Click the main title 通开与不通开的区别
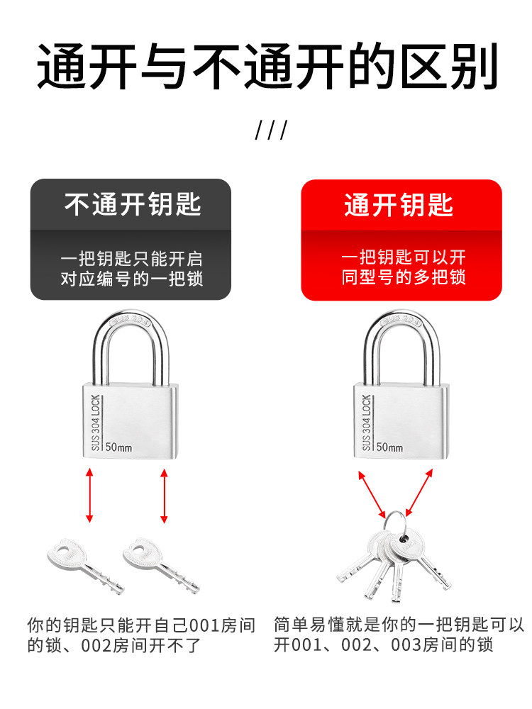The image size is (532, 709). point(266,68)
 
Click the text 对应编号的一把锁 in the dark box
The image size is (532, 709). point(132,278)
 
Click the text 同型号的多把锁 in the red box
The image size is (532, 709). point(403,277)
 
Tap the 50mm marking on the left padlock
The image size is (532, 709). point(118,447)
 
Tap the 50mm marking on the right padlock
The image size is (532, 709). point(389,447)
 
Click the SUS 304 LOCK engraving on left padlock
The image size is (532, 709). point(97,422)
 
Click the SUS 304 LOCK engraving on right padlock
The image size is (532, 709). point(367,422)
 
